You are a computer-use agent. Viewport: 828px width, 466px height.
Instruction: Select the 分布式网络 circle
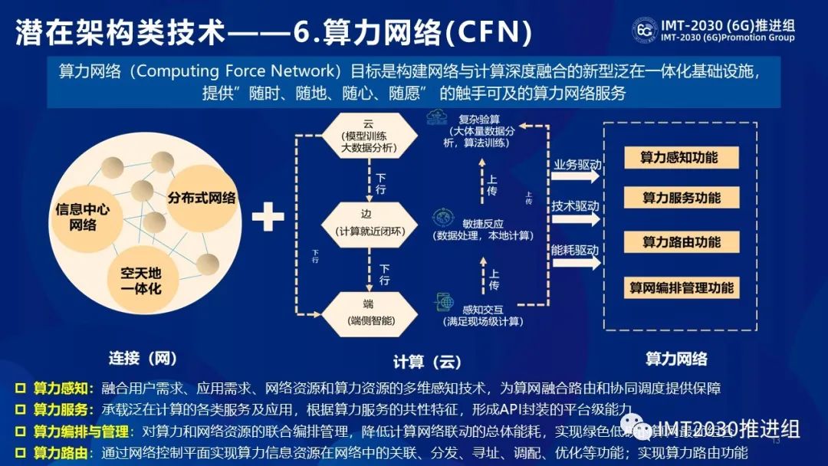click(202, 198)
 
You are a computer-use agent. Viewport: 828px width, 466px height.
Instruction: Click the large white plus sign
click(268, 217)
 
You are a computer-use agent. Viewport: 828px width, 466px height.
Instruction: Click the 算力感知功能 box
click(679, 157)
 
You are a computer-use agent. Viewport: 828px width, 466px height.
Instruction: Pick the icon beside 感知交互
click(442, 302)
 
